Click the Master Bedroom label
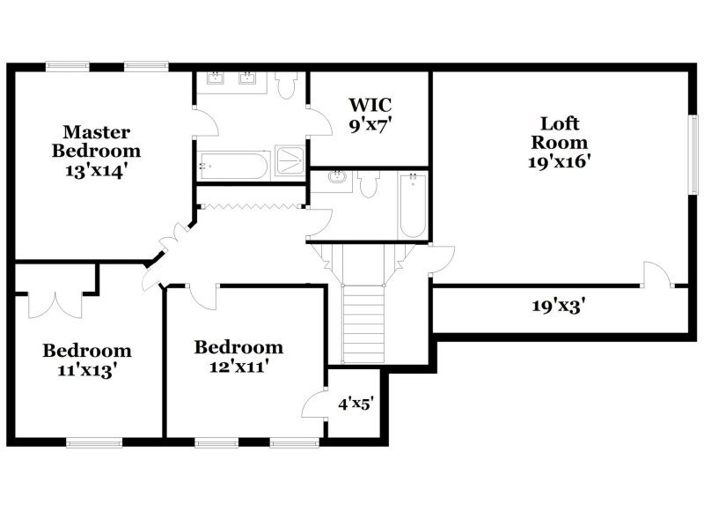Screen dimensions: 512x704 point(96,141)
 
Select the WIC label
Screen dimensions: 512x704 point(368,107)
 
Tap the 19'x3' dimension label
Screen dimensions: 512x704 point(558,307)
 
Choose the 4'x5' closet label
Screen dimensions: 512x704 point(356,404)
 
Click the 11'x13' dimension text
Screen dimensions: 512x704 point(87,370)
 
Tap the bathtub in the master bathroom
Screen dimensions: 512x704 point(233,165)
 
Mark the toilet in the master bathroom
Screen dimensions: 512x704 point(285,85)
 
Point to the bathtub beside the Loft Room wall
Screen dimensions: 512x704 point(413,206)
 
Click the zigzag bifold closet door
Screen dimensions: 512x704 point(250,206)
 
